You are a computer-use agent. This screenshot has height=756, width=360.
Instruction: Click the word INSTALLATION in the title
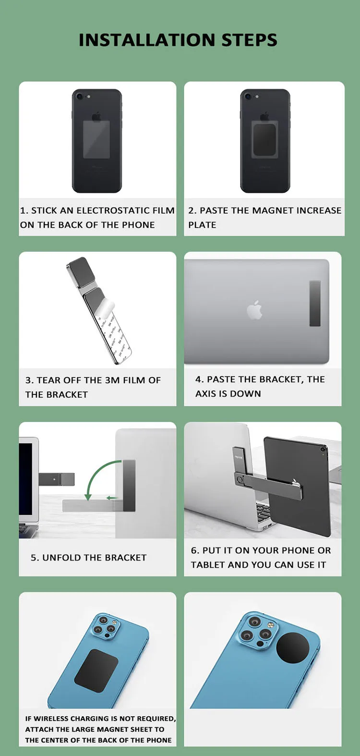tap(147, 40)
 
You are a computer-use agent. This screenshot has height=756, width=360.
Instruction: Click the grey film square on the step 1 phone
tap(96, 139)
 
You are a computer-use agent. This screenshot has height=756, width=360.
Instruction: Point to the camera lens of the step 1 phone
tap(80, 96)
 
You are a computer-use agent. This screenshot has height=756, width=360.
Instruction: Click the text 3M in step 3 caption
tap(112, 380)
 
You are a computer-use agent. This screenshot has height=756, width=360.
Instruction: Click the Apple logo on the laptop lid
tap(254, 310)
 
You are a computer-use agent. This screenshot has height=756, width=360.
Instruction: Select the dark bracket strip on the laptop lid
tap(315, 304)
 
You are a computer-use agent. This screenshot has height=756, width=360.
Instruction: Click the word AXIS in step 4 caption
tap(206, 394)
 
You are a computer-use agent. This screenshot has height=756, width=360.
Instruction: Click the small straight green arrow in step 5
tap(112, 498)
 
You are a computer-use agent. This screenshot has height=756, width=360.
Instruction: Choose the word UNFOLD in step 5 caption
tap(62, 558)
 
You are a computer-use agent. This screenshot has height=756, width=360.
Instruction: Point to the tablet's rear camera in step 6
tap(323, 450)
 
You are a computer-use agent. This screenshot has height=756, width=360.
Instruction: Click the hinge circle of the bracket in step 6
tap(240, 479)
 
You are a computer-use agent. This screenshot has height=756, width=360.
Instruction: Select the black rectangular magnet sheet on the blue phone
tap(96, 671)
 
